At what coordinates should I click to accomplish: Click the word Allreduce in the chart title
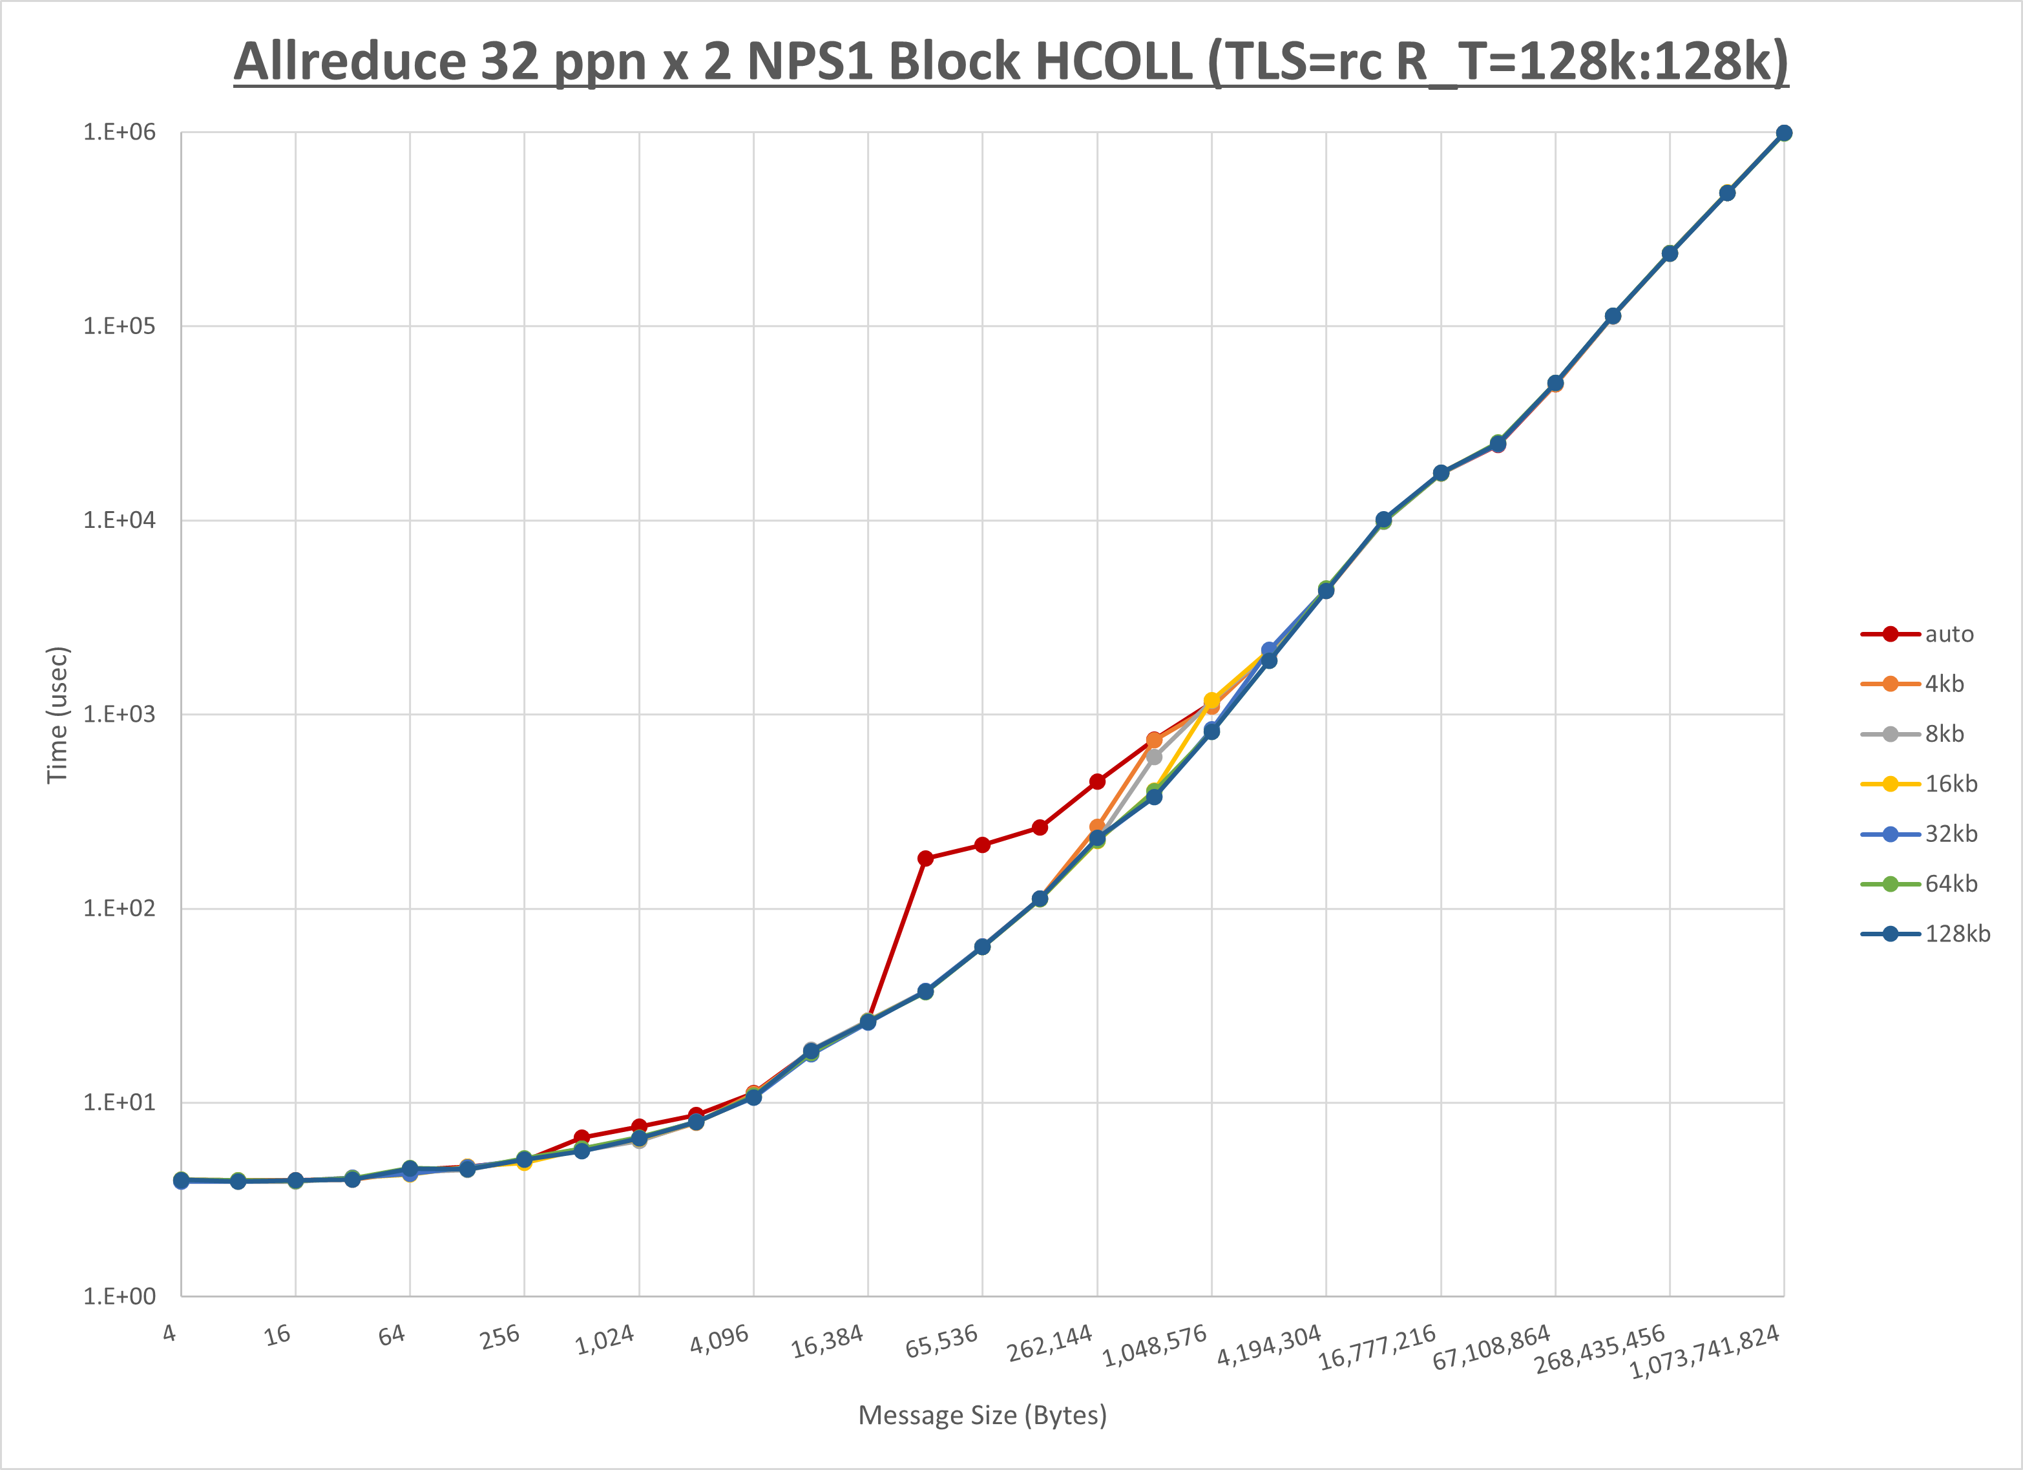(349, 63)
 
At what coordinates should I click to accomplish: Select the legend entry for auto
(1948, 635)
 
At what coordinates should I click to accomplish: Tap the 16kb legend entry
(1950, 784)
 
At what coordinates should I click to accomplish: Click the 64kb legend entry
(1950, 884)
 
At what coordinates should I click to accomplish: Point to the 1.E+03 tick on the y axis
(119, 715)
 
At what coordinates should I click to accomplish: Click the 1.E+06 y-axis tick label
(119, 132)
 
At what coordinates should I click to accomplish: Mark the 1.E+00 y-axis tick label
(119, 1297)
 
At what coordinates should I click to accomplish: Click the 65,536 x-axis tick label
(942, 1341)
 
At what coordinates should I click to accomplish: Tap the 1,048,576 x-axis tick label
(1155, 1346)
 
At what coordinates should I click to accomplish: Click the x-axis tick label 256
(499, 1337)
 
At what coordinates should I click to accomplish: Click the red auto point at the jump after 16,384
(925, 858)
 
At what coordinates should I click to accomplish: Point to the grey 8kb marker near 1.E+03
(1154, 757)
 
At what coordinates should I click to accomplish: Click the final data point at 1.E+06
(1784, 133)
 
